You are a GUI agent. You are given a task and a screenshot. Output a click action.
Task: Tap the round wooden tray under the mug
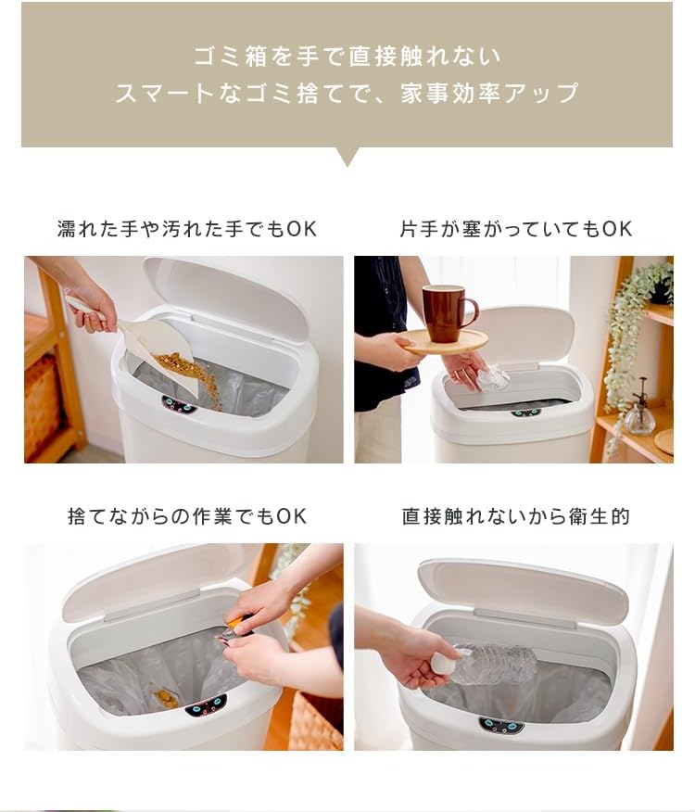pos(445,342)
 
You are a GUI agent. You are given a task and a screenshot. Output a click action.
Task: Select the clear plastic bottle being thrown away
pos(488,664)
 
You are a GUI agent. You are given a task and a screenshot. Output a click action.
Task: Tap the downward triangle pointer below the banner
pos(347,157)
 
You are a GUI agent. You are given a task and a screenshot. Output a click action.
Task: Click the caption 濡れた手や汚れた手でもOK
pos(187,229)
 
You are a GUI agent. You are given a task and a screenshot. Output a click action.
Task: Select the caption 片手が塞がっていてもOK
pos(516,229)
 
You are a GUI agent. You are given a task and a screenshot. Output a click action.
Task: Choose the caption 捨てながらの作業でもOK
pos(187,516)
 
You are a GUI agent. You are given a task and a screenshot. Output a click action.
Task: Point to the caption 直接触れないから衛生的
pos(516,516)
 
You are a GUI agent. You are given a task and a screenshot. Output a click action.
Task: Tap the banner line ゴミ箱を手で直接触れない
pos(347,56)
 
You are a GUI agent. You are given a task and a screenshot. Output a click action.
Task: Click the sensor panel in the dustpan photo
pos(179,404)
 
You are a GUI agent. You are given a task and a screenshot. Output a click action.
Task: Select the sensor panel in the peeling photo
pos(206,706)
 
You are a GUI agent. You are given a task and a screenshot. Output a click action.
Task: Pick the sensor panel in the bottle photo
pos(501,725)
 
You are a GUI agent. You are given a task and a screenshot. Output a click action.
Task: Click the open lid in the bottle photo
pos(522,590)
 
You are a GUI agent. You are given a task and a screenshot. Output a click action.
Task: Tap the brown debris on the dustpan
pos(183,364)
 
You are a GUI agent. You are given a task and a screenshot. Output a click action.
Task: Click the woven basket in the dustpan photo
pos(42,408)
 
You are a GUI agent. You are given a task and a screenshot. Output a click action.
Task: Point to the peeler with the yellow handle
pos(236,628)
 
